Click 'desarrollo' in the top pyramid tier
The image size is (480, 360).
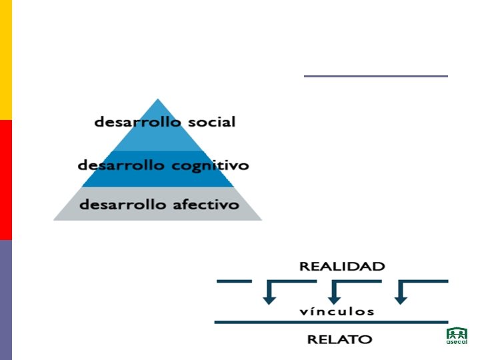tap(137, 123)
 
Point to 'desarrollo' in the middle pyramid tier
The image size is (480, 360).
tap(121, 165)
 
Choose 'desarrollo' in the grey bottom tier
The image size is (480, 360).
tap(122, 205)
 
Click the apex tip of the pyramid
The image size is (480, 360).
tap(157, 100)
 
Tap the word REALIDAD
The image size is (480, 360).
tap(342, 267)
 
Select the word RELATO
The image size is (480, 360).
tap(339, 339)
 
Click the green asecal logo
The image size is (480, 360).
tap(456, 336)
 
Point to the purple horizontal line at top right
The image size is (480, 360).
tap(375, 76)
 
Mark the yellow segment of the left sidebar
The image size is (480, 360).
tap(6, 60)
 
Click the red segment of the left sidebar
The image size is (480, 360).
tap(6, 180)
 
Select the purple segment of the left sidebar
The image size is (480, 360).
tap(6, 300)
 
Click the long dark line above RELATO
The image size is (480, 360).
tap(331, 323)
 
